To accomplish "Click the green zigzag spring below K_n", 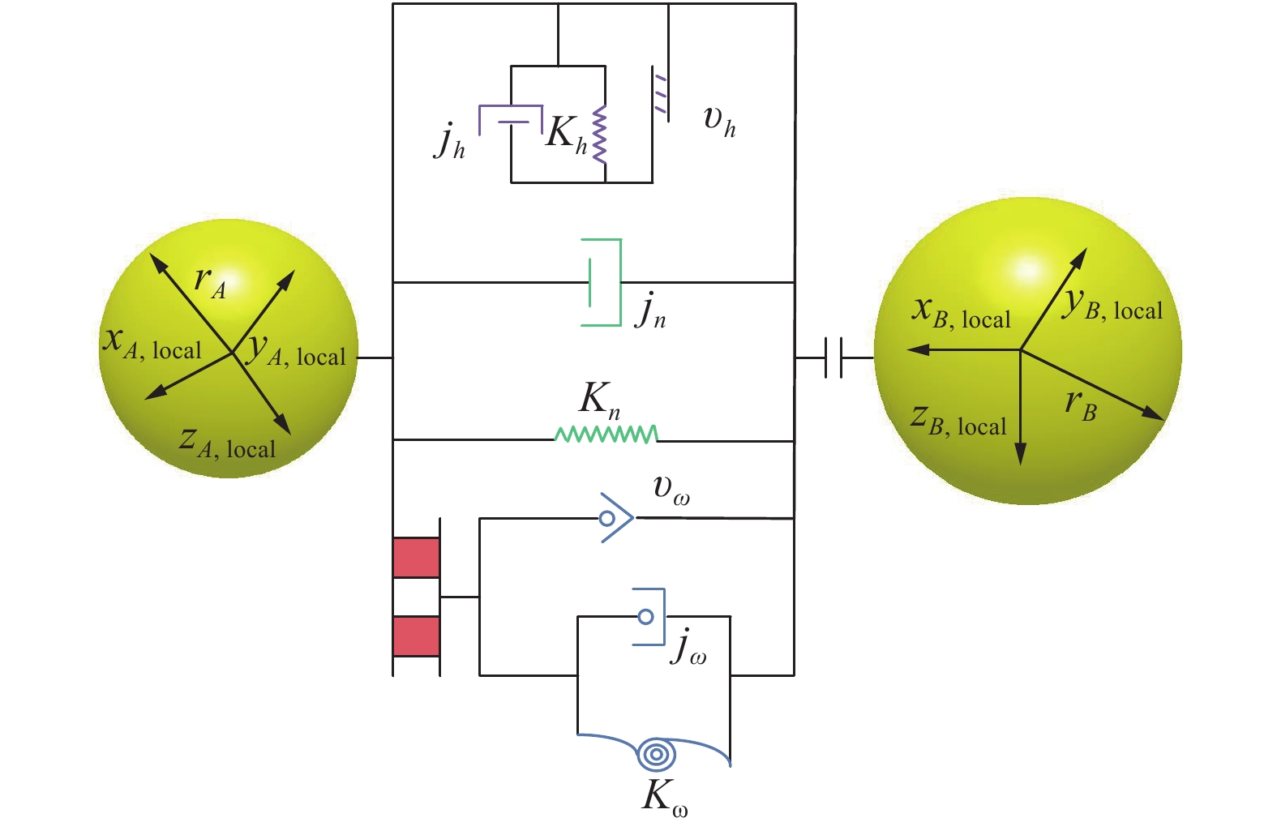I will (606, 435).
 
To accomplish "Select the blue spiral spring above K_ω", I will (657, 754).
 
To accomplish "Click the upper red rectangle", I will (416, 557).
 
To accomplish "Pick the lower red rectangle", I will (416, 636).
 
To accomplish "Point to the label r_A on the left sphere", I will (210, 281).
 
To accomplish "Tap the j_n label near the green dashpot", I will (650, 310).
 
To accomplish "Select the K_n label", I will (600, 400).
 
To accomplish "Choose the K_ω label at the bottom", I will (664, 796).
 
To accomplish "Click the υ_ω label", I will (671, 489).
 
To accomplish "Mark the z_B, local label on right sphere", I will (958, 421).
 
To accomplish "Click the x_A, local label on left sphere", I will (152, 344).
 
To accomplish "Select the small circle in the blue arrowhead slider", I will (607, 517).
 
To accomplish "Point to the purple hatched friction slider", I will (661, 94).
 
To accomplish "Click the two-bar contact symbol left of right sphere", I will (833, 358).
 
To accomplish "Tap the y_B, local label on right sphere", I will (1112, 306).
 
